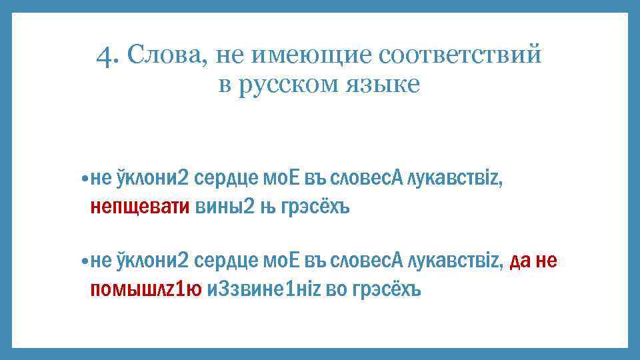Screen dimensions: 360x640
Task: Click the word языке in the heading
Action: (x=383, y=86)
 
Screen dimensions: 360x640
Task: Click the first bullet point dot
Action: (x=83, y=178)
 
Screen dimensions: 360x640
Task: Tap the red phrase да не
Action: (x=533, y=261)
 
